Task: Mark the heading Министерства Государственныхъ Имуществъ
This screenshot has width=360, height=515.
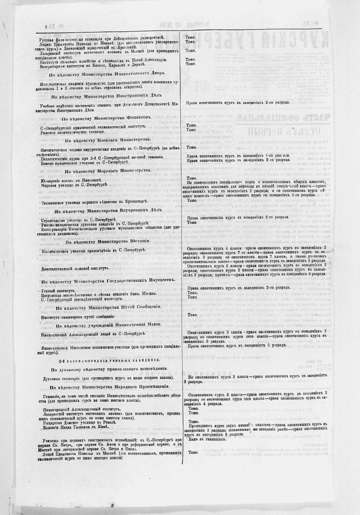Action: [x=108, y=280]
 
